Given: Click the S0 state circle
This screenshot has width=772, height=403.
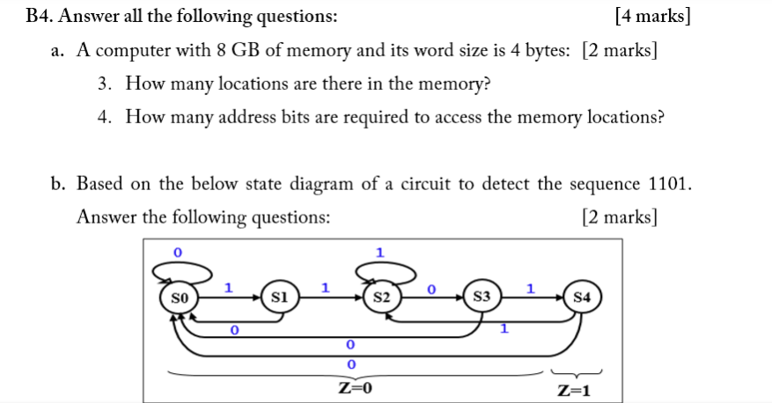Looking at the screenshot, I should click(180, 297).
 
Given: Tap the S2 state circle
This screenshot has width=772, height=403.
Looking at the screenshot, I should click(381, 297).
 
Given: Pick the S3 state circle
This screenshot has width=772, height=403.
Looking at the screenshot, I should click(482, 297).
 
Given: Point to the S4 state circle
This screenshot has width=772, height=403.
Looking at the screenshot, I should click(583, 297).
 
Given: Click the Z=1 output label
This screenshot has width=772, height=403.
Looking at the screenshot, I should click(574, 390).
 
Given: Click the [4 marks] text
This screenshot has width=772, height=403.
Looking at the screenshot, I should click(652, 16).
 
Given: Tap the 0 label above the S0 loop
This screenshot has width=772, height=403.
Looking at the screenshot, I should click(177, 253).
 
